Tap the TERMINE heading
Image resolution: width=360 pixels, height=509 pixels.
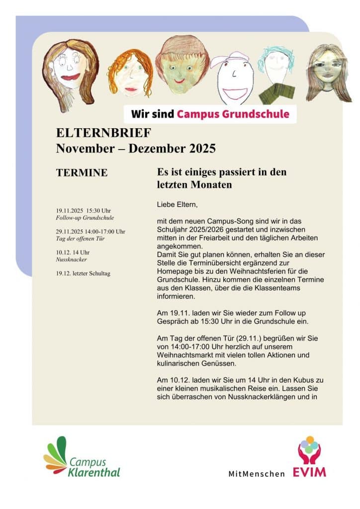(82, 173)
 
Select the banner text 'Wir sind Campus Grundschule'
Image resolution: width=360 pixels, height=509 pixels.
(210, 114)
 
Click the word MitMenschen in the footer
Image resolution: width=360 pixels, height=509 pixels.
(257, 474)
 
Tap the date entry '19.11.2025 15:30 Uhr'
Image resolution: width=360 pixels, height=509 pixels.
(84, 210)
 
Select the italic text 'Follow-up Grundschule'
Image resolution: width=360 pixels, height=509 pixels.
(85, 218)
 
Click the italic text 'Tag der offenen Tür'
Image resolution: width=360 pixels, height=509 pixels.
(80, 239)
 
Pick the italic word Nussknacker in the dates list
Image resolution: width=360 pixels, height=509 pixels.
(72, 259)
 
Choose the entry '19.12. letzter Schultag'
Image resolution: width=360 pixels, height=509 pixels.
(83, 273)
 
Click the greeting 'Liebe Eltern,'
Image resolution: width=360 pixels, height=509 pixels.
(177, 204)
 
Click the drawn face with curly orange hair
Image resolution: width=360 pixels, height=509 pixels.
(130, 75)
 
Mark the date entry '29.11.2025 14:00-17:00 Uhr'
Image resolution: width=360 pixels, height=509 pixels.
(90, 231)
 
